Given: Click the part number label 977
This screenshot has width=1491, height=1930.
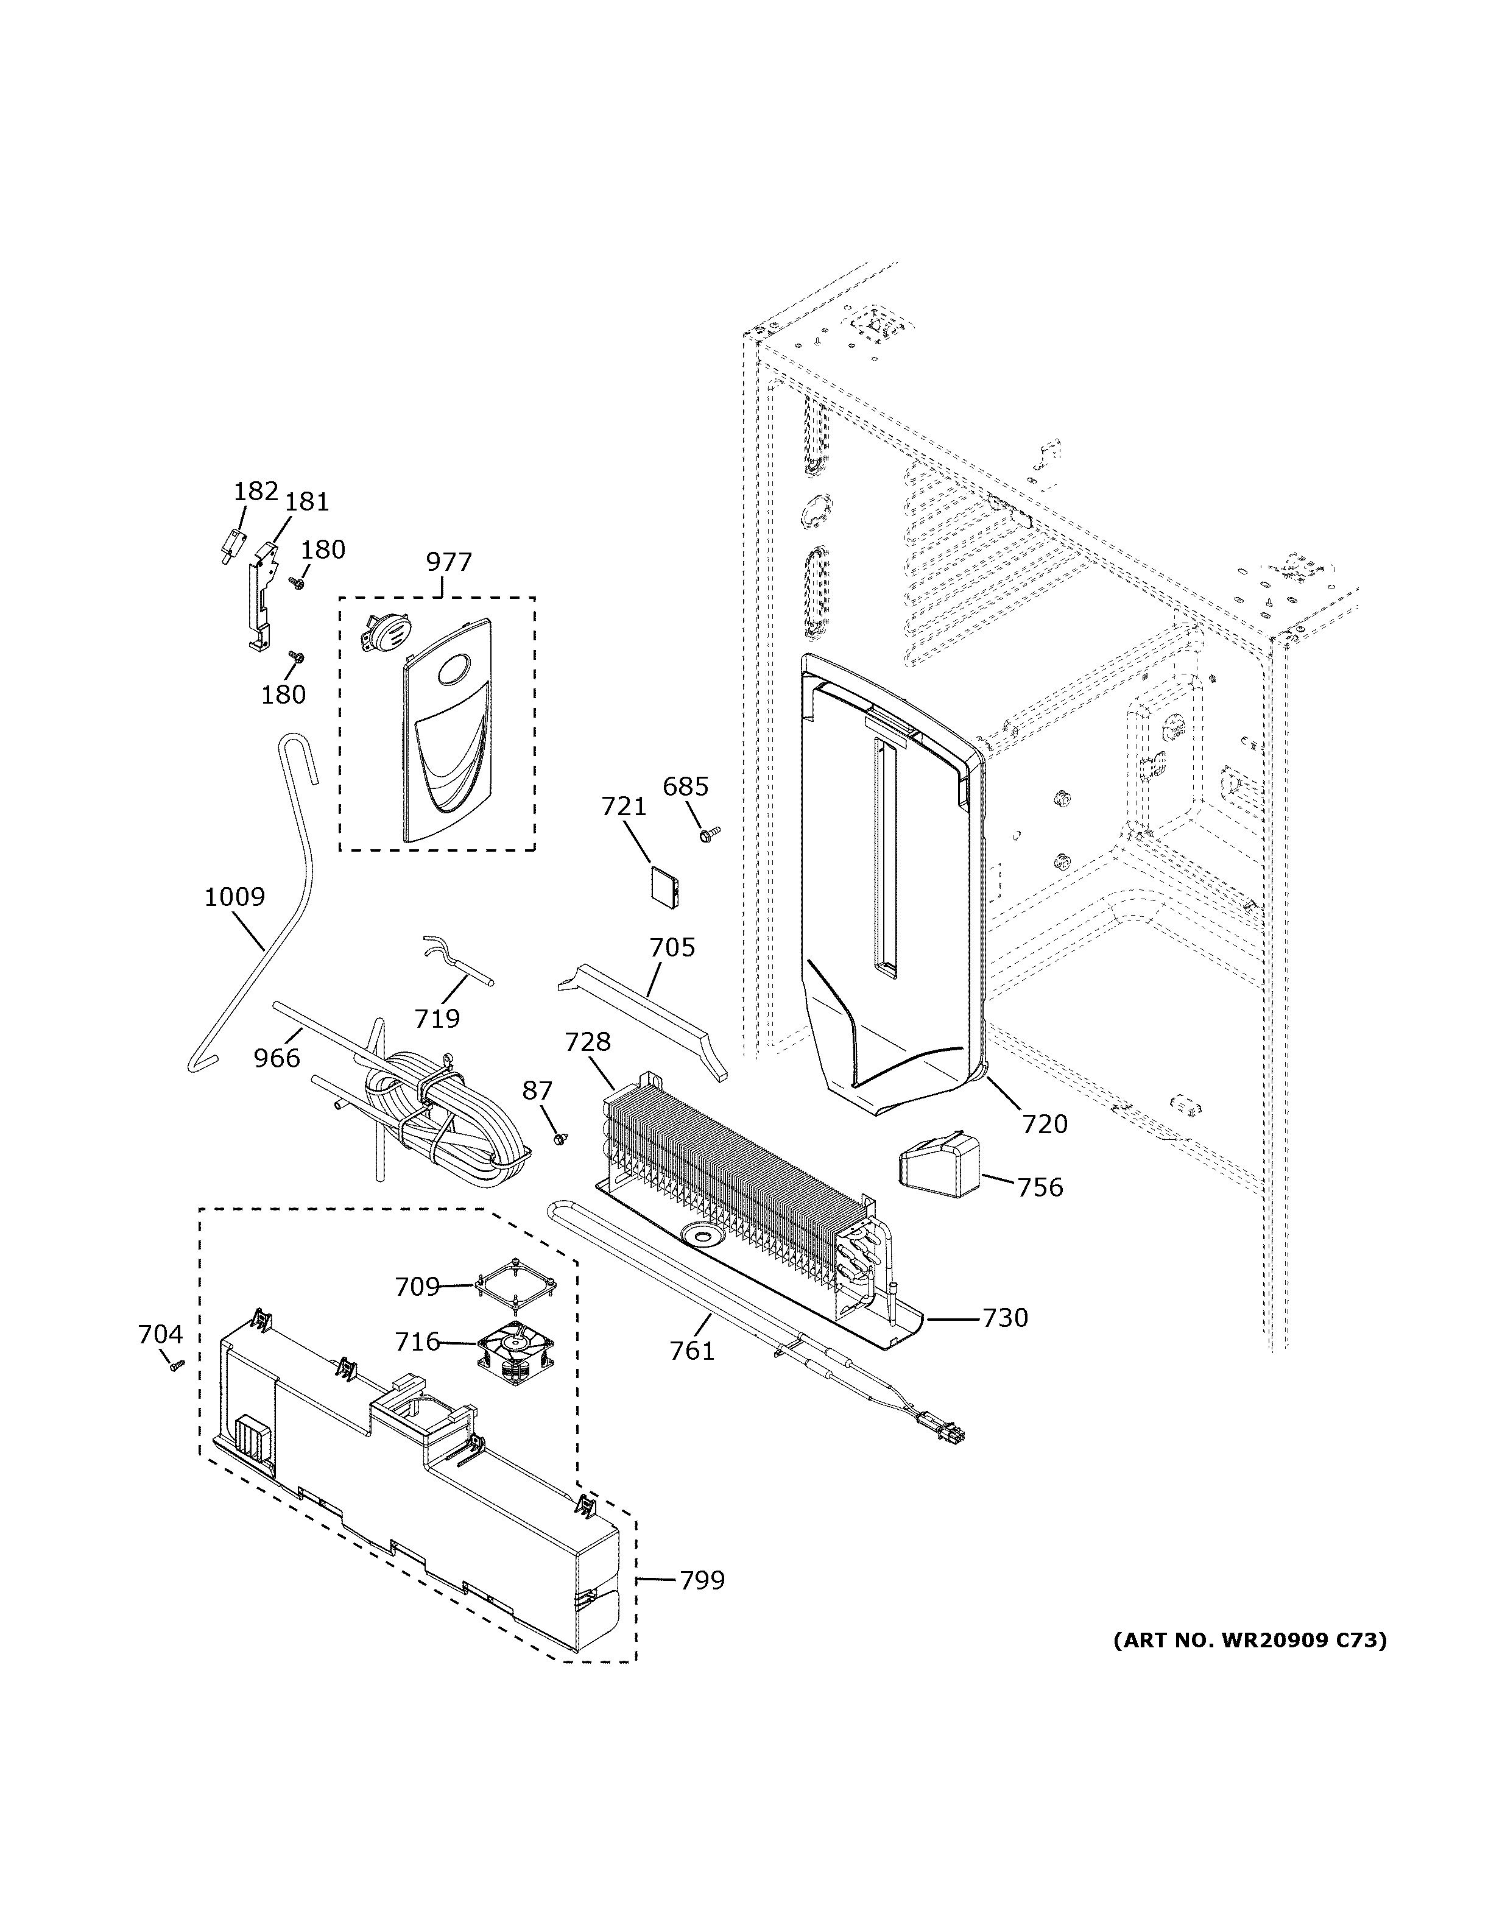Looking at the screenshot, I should pyautogui.click(x=449, y=562).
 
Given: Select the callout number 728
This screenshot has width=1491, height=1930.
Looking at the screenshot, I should pyautogui.click(x=587, y=1043).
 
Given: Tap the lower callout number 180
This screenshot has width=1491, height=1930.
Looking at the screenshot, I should pyautogui.click(x=283, y=695).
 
